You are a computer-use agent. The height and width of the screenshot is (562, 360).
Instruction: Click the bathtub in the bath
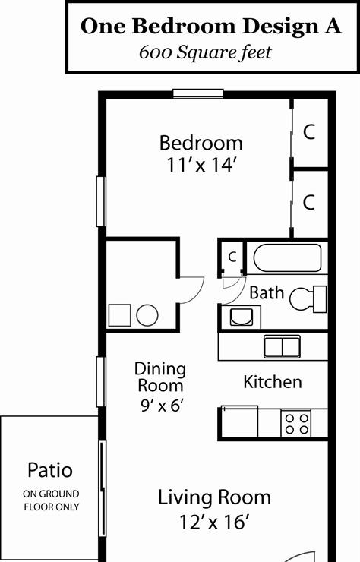click(287, 257)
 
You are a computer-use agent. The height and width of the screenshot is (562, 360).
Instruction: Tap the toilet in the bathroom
click(308, 299)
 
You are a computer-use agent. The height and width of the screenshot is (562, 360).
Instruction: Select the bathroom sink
click(241, 317)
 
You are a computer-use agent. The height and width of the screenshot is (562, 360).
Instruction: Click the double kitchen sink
click(283, 346)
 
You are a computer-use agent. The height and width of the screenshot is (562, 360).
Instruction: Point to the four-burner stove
click(295, 424)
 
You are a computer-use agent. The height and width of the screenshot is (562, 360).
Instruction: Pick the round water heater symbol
click(147, 315)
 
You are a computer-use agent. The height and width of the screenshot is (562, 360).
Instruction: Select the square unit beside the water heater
click(119, 315)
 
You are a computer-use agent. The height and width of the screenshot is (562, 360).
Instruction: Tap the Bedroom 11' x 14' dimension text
click(201, 166)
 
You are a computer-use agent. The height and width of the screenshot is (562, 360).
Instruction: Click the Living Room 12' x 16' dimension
click(214, 522)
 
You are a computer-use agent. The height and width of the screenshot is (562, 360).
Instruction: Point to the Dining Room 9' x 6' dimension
click(163, 406)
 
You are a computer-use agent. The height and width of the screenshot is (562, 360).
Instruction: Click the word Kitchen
click(273, 382)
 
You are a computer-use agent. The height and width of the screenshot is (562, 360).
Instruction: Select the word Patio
click(50, 470)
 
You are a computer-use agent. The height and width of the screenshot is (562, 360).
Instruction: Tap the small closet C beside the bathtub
click(232, 257)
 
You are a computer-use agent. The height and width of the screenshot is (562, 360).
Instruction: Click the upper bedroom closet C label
click(309, 131)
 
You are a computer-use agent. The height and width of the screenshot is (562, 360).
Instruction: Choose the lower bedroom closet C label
click(308, 202)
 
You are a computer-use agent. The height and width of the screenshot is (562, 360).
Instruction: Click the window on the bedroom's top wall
click(198, 93)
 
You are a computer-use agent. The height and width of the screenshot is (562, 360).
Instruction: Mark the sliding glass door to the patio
click(103, 488)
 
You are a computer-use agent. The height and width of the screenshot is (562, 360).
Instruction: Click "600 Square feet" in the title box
click(205, 52)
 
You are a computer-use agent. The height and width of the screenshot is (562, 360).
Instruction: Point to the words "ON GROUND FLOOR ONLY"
click(52, 500)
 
